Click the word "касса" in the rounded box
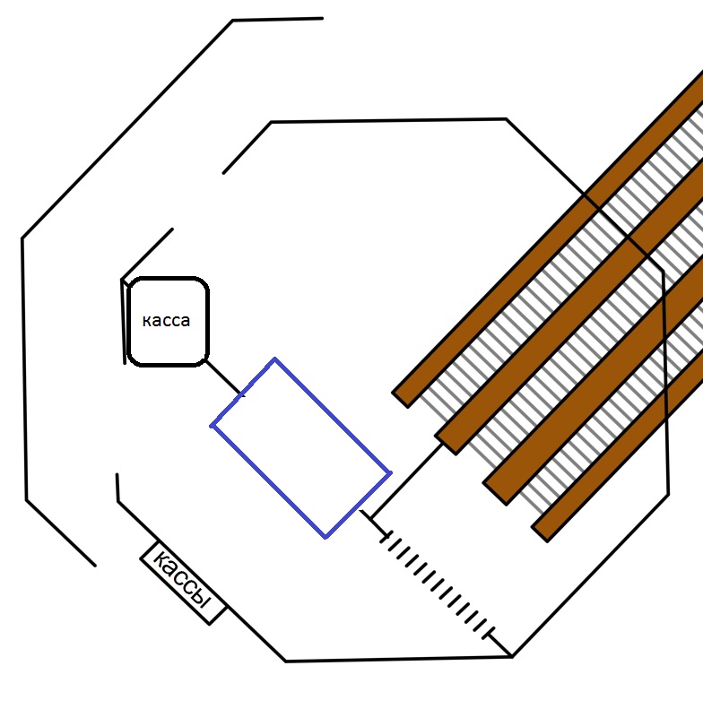(167, 321)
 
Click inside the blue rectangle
(300, 447)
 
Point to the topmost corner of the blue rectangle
(274, 359)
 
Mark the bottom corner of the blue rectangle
(325, 537)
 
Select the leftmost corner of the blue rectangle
(213, 426)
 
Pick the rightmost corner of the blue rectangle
(390, 471)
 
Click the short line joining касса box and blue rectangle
(223, 377)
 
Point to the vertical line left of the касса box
(123, 321)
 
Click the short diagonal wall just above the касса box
(146, 254)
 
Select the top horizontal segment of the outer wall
(277, 19)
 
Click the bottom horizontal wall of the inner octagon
(399, 659)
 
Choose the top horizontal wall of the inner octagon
(388, 120)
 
